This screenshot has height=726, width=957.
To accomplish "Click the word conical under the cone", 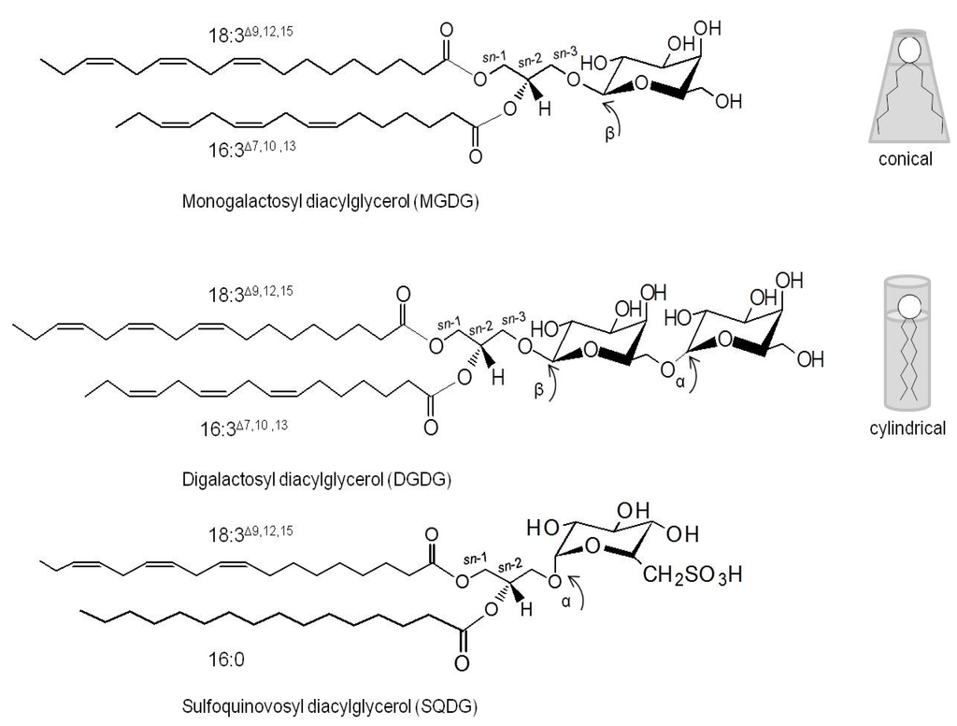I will click(905, 159).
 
